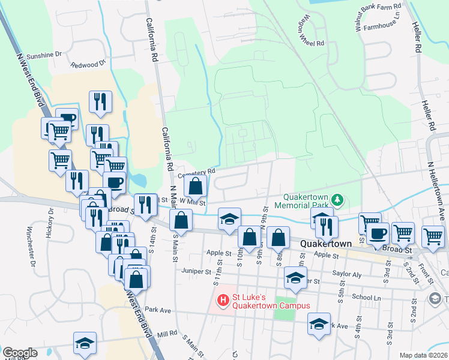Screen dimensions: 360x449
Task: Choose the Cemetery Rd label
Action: coord(196,173)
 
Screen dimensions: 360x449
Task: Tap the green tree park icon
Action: coord(338,199)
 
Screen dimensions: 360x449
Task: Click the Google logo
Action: coord(20,353)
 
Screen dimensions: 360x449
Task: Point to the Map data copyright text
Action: coord(424,355)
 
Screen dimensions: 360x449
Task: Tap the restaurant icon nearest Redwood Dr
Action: coord(100,102)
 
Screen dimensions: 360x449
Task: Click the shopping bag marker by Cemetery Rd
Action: coord(196,186)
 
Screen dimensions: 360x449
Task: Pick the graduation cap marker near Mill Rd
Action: coord(85,344)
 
